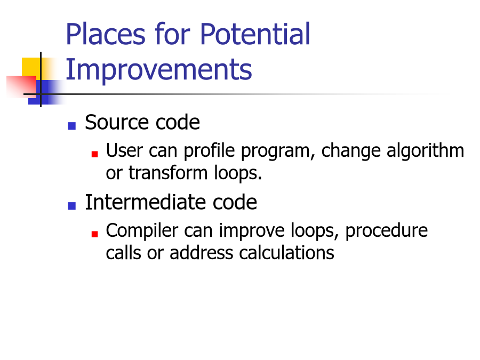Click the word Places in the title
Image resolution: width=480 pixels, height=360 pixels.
coord(106,34)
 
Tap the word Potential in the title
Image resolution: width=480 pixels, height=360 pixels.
coord(255,34)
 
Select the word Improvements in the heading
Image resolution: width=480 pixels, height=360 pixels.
coord(158,70)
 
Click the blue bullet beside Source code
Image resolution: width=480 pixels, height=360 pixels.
coord(71,126)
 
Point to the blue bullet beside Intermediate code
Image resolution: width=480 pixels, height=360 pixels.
coord(71,206)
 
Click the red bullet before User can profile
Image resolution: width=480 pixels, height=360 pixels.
coord(94,154)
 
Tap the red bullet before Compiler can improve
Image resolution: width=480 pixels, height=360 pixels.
coord(94,234)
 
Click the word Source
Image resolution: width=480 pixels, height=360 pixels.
coord(117,122)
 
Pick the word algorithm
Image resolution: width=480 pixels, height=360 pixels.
coord(425,151)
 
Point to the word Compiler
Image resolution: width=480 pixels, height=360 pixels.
coord(142,231)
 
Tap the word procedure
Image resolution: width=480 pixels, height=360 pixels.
coord(386,231)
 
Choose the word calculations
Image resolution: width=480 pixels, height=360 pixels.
coord(286,253)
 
